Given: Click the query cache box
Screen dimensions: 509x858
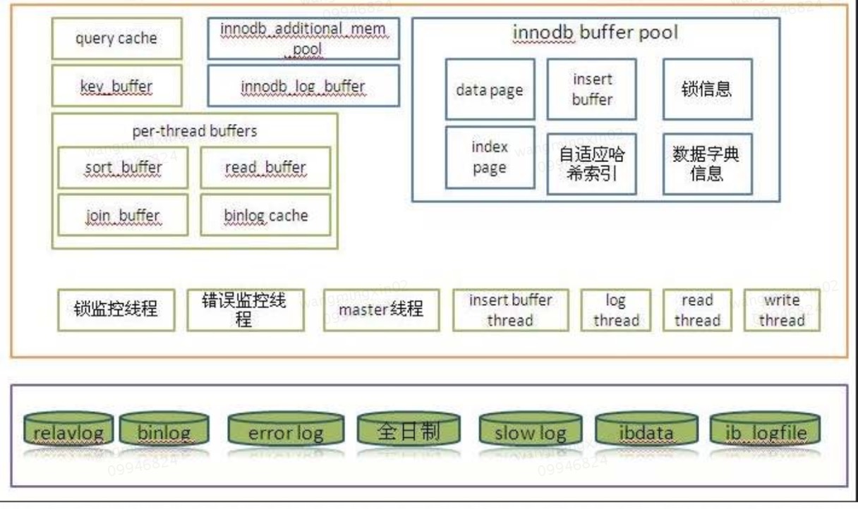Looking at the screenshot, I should [x=116, y=38].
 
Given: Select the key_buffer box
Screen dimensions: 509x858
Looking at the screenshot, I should [x=116, y=86].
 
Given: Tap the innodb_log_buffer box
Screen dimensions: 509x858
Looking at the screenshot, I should [x=303, y=86].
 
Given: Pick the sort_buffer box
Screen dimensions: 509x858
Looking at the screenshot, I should [x=123, y=168].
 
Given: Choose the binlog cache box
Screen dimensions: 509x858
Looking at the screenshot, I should [x=265, y=215].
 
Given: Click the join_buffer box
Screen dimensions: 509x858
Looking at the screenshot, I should [x=123, y=215].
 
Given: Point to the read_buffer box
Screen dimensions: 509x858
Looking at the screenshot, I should [x=265, y=168].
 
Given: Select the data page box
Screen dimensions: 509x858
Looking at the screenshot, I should [x=490, y=90].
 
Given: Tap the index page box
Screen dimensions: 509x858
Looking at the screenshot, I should [x=490, y=157].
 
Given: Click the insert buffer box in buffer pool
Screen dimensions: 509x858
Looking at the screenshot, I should [x=592, y=90].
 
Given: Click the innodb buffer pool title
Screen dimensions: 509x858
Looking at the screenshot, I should [x=596, y=33].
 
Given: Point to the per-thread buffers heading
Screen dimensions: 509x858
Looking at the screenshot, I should [x=195, y=132].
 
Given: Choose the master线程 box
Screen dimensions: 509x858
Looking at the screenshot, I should [x=381, y=309].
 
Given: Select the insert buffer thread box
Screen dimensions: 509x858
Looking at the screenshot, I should [x=510, y=309].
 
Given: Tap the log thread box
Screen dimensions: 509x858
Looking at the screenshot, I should [x=615, y=309].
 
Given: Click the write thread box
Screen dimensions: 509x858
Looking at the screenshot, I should [x=781, y=309].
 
